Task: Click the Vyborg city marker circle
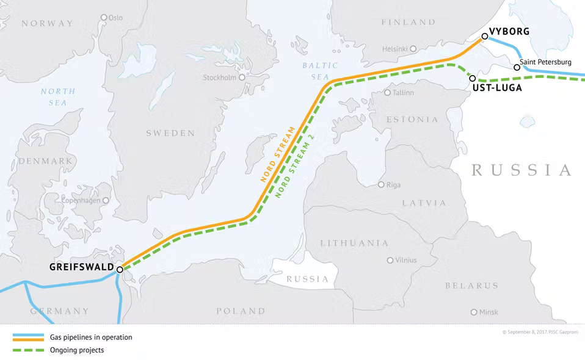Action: click(484, 37)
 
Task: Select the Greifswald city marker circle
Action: click(120, 269)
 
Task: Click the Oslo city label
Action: click(115, 18)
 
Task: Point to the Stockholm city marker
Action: click(242, 77)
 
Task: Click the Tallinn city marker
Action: click(387, 93)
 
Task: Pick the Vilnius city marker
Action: click(390, 261)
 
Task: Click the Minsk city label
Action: click(489, 312)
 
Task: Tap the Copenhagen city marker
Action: click(106, 200)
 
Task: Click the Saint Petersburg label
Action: click(546, 62)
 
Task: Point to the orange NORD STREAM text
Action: click(278, 155)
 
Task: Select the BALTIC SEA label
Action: click(319, 71)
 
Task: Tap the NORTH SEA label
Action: click(58, 97)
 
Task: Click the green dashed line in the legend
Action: click(28, 350)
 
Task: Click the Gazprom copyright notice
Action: click(539, 333)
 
